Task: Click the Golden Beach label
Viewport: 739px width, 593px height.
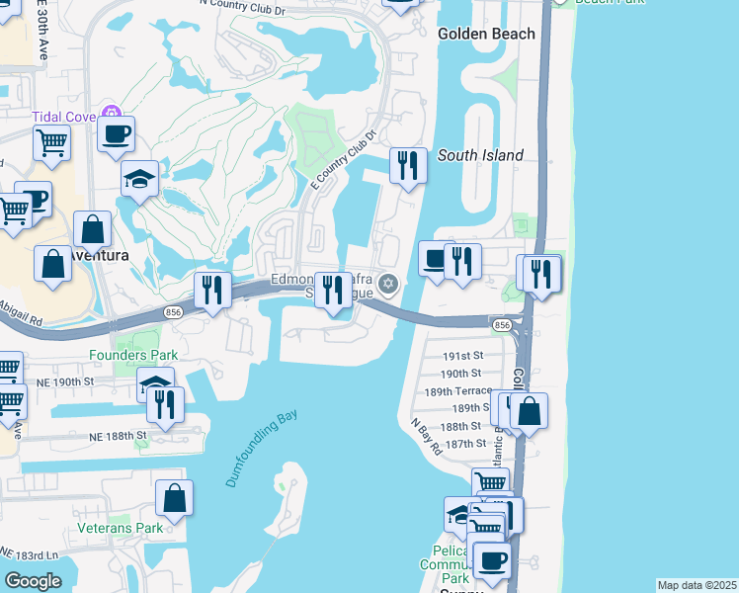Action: coord(486,34)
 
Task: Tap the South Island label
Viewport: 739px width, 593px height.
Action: coord(480,155)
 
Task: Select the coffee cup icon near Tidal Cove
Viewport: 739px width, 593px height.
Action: coord(116,132)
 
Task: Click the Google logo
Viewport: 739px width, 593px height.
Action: coord(33,581)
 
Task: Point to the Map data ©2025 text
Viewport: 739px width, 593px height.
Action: coord(697,585)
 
